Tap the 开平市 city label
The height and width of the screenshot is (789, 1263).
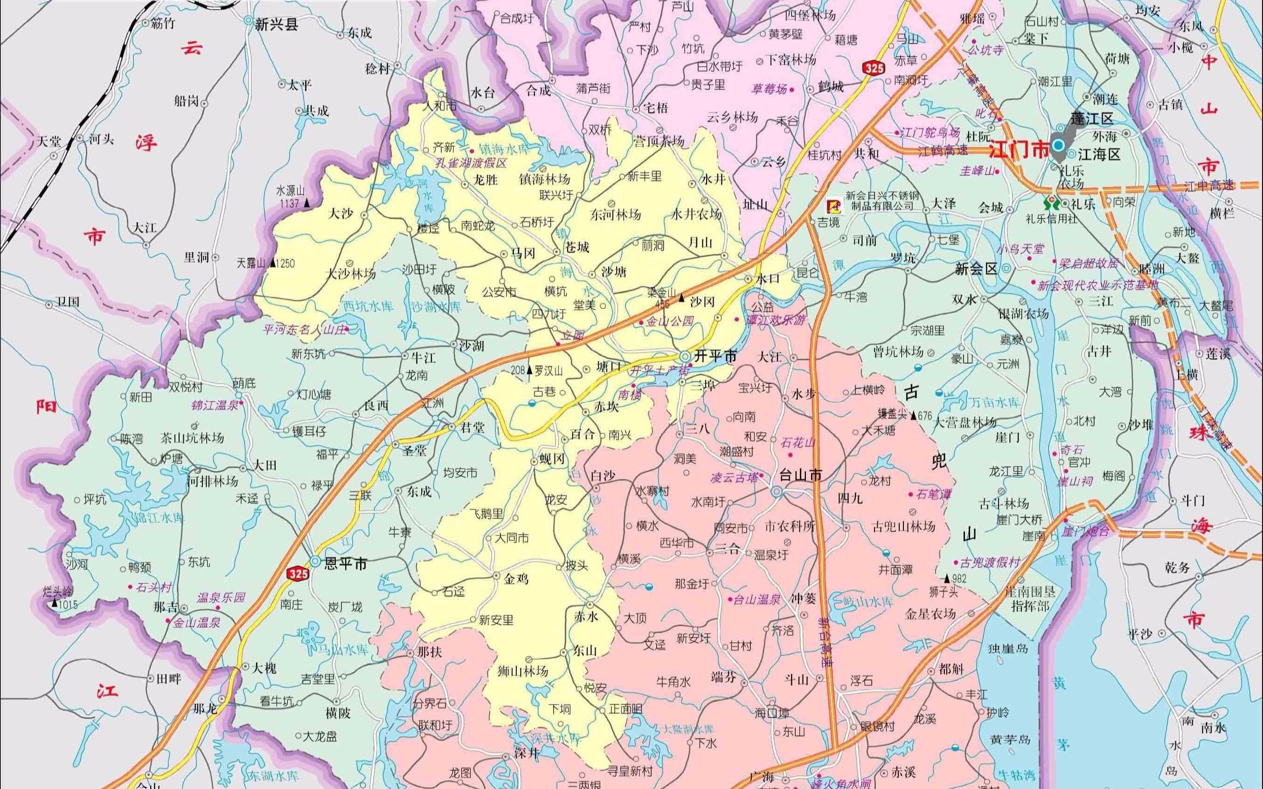click(715, 356)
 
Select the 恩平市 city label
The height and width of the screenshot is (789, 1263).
click(346, 564)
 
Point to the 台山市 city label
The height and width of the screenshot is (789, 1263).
click(800, 475)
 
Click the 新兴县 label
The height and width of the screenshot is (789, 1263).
click(276, 25)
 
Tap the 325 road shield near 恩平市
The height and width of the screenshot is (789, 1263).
click(298, 574)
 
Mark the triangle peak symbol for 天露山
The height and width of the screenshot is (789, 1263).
click(272, 263)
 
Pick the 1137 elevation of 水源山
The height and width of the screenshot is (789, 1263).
click(290, 203)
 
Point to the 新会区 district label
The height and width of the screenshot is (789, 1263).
click(976, 269)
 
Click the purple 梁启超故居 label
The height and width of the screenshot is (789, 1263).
click(1088, 263)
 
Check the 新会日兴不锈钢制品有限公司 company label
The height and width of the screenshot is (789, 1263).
click(880, 201)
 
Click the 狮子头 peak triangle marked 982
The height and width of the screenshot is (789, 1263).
click(947, 578)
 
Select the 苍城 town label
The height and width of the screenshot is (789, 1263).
click(577, 247)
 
